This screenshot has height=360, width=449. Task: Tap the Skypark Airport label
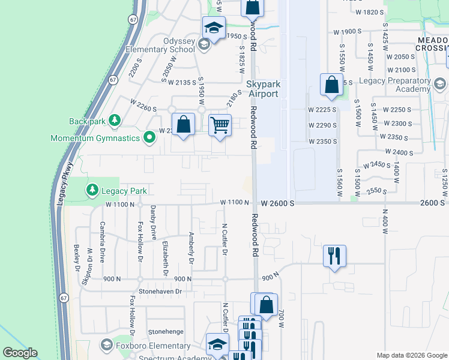pyautogui.click(x=262, y=89)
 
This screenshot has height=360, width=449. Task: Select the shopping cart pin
pyautogui.click(x=220, y=126)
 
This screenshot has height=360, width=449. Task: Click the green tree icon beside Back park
pyautogui.click(x=112, y=121)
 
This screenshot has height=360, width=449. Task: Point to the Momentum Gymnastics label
pyautogui.click(x=95, y=139)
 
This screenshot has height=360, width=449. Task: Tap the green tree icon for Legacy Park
pyautogui.click(x=92, y=191)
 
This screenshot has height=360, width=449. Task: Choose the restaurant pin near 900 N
pyautogui.click(x=334, y=256)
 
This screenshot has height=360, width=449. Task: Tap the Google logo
pyautogui.click(x=20, y=353)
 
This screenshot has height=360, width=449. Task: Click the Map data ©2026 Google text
pyautogui.click(x=411, y=355)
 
